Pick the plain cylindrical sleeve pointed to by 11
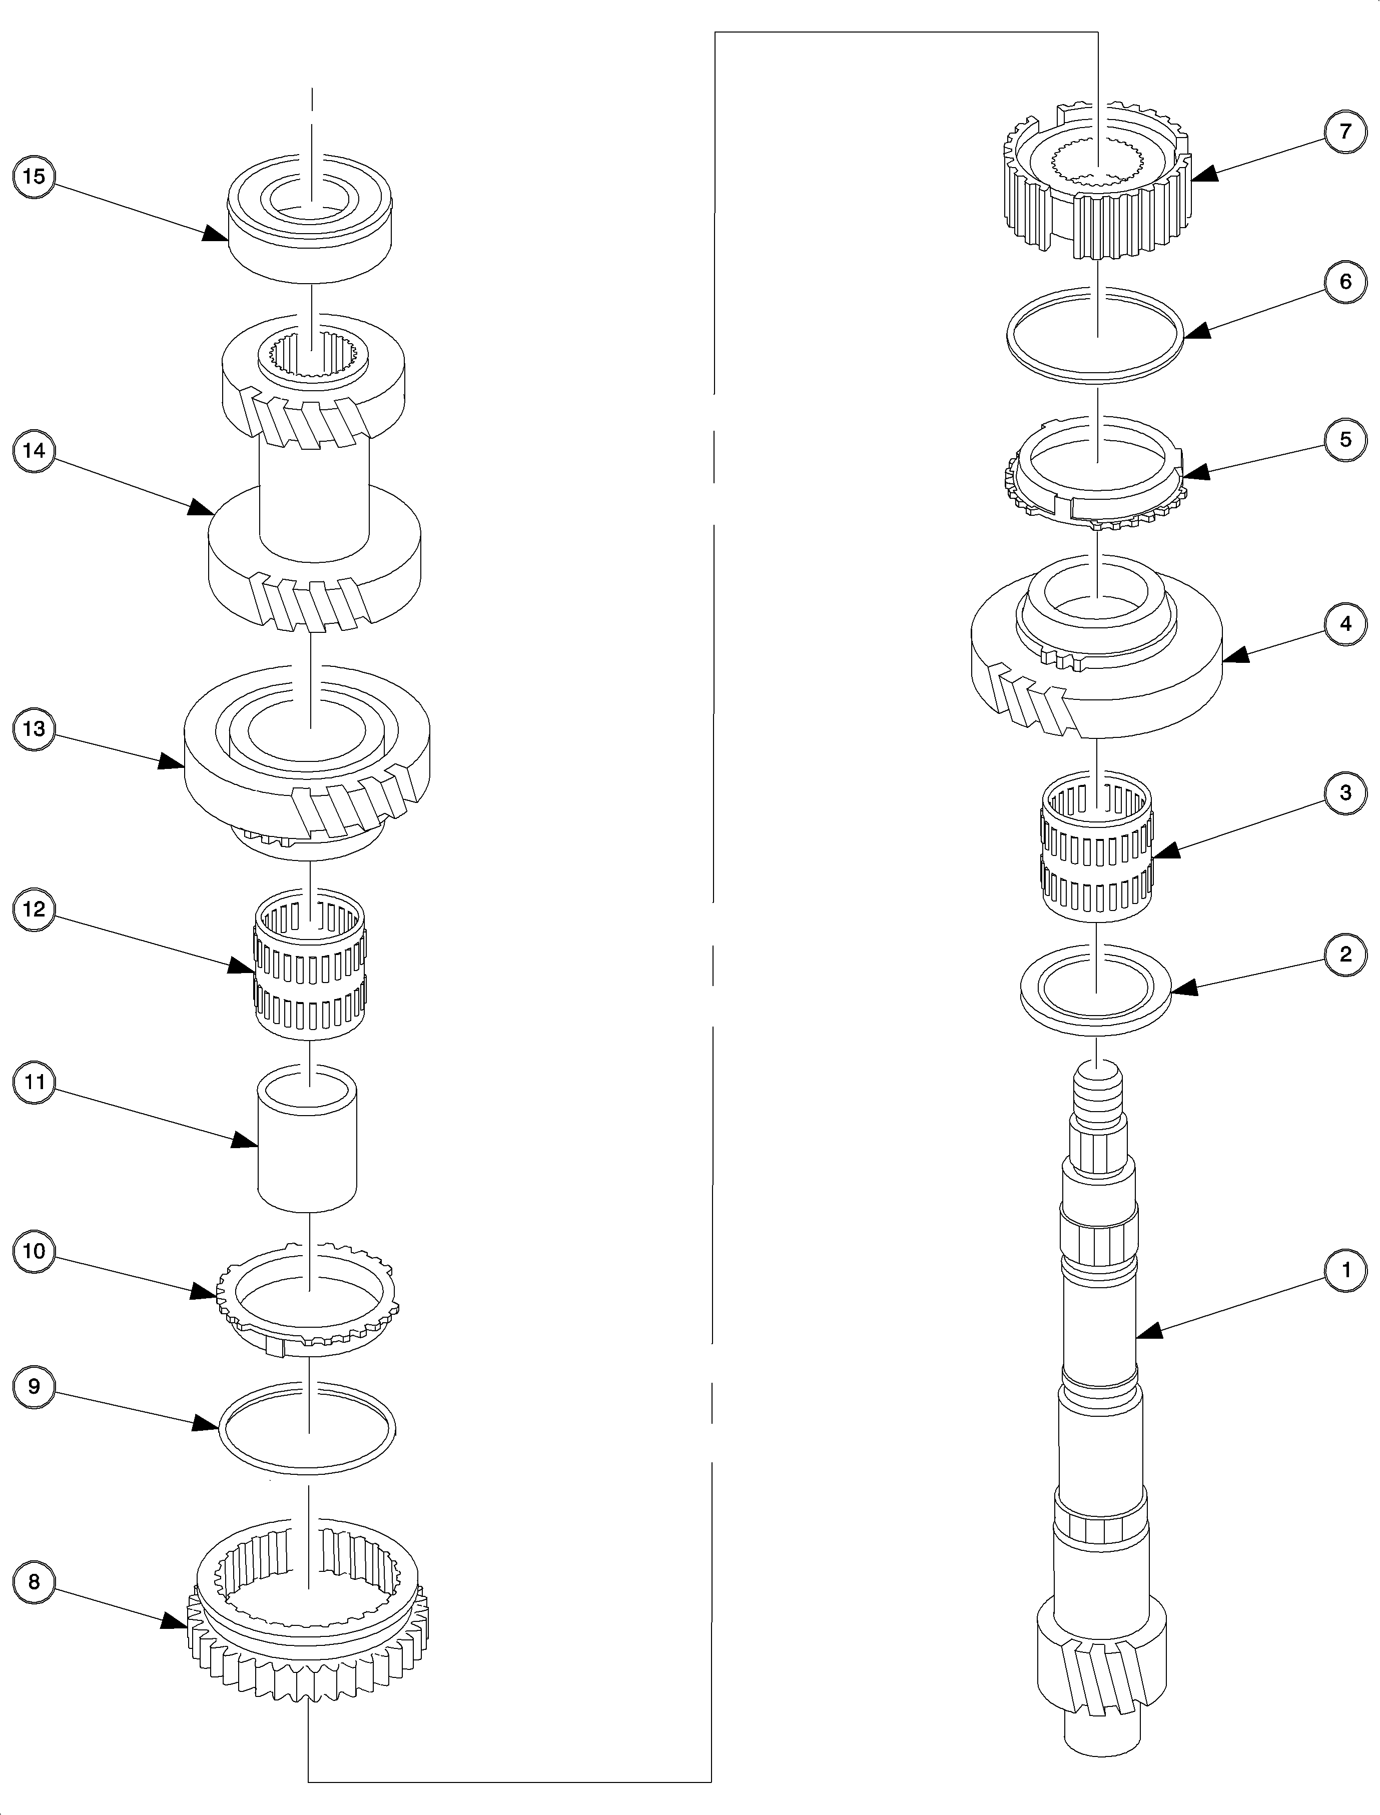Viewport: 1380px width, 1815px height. coord(307,1138)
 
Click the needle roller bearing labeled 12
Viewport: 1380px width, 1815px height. coord(310,964)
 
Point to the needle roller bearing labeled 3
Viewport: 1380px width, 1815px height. coord(1097,847)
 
